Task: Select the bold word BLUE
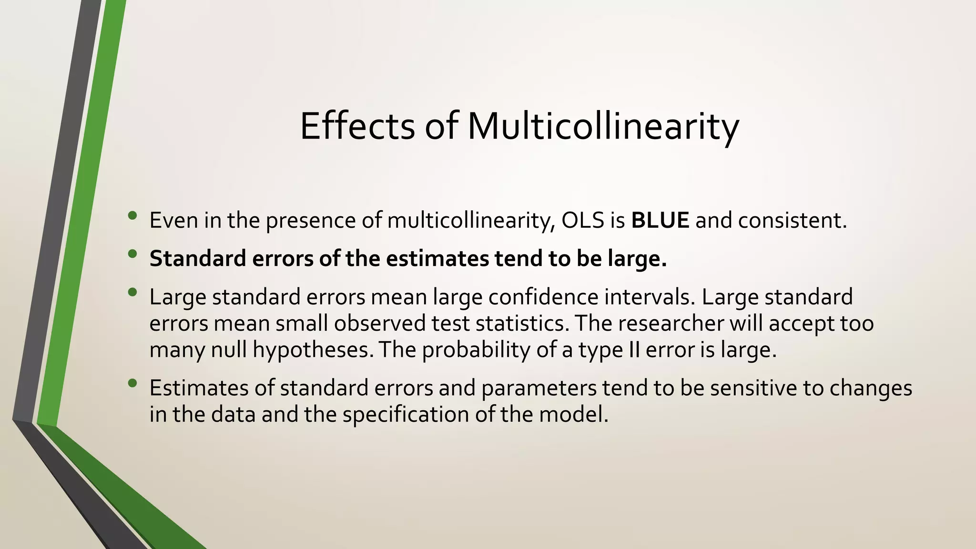660,220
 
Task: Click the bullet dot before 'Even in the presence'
132,216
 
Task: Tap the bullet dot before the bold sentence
132,254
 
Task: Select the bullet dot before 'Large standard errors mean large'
132,292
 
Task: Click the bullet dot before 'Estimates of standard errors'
132,383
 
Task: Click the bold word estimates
437,259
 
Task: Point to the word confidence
543,297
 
